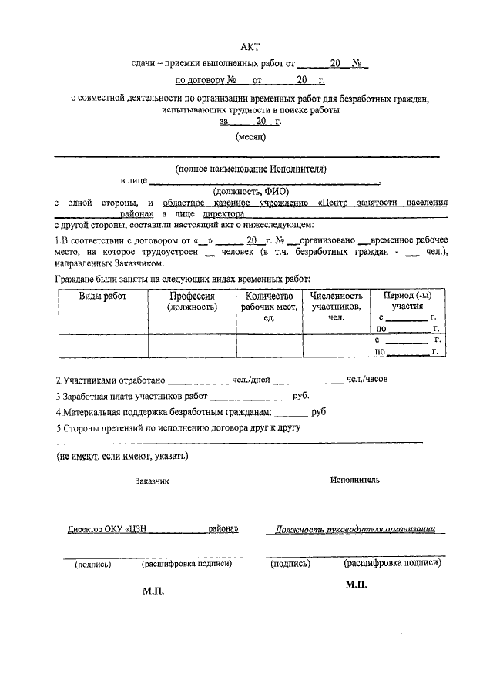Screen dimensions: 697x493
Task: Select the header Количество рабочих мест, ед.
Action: click(x=269, y=307)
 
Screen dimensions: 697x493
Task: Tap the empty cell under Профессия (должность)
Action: click(x=192, y=347)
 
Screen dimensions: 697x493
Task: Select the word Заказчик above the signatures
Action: click(x=152, y=481)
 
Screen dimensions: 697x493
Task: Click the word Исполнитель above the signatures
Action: click(x=355, y=479)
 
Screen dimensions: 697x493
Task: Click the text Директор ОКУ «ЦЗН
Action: click(x=108, y=530)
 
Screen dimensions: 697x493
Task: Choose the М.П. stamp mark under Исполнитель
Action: click(x=357, y=585)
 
